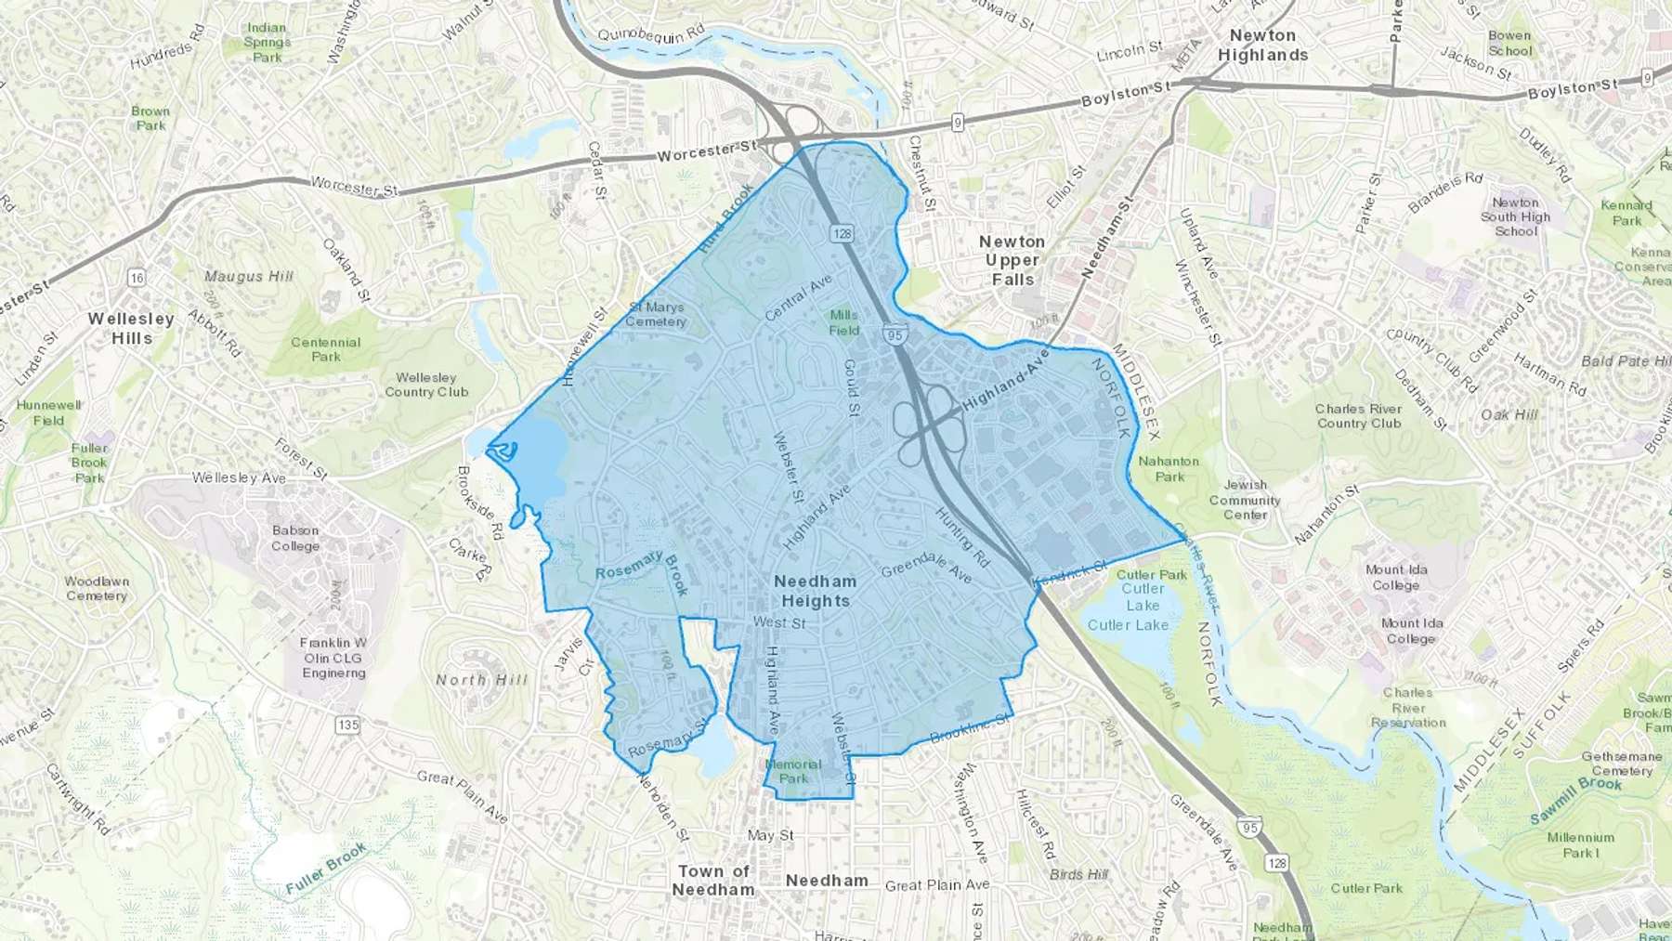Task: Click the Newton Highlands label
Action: click(x=1262, y=46)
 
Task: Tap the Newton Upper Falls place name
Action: click(x=1012, y=260)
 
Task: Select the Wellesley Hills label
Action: click(x=131, y=328)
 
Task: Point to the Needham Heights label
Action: click(x=815, y=591)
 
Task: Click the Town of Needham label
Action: click(x=713, y=880)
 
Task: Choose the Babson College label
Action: click(x=295, y=538)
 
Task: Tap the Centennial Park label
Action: click(x=325, y=349)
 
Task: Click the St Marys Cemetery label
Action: click(x=656, y=314)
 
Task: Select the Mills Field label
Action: click(x=844, y=322)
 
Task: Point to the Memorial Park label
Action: click(x=793, y=771)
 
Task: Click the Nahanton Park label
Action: click(x=1169, y=468)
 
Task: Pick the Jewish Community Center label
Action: click(x=1245, y=500)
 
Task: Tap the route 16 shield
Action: click(x=137, y=278)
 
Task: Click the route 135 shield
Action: click(x=347, y=725)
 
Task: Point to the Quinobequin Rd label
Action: click(x=651, y=35)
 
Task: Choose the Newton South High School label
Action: click(x=1516, y=216)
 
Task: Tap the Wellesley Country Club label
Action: click(x=426, y=385)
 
